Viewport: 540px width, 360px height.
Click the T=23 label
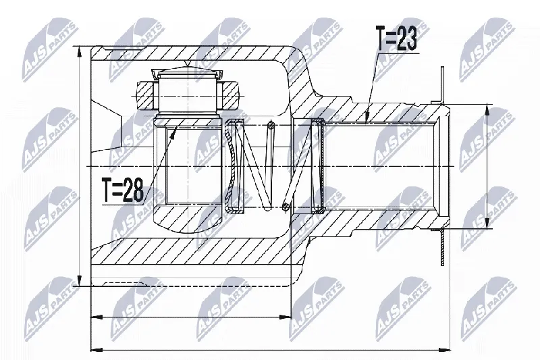397,38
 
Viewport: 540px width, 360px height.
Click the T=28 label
123,190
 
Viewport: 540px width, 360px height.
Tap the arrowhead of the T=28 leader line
173,130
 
